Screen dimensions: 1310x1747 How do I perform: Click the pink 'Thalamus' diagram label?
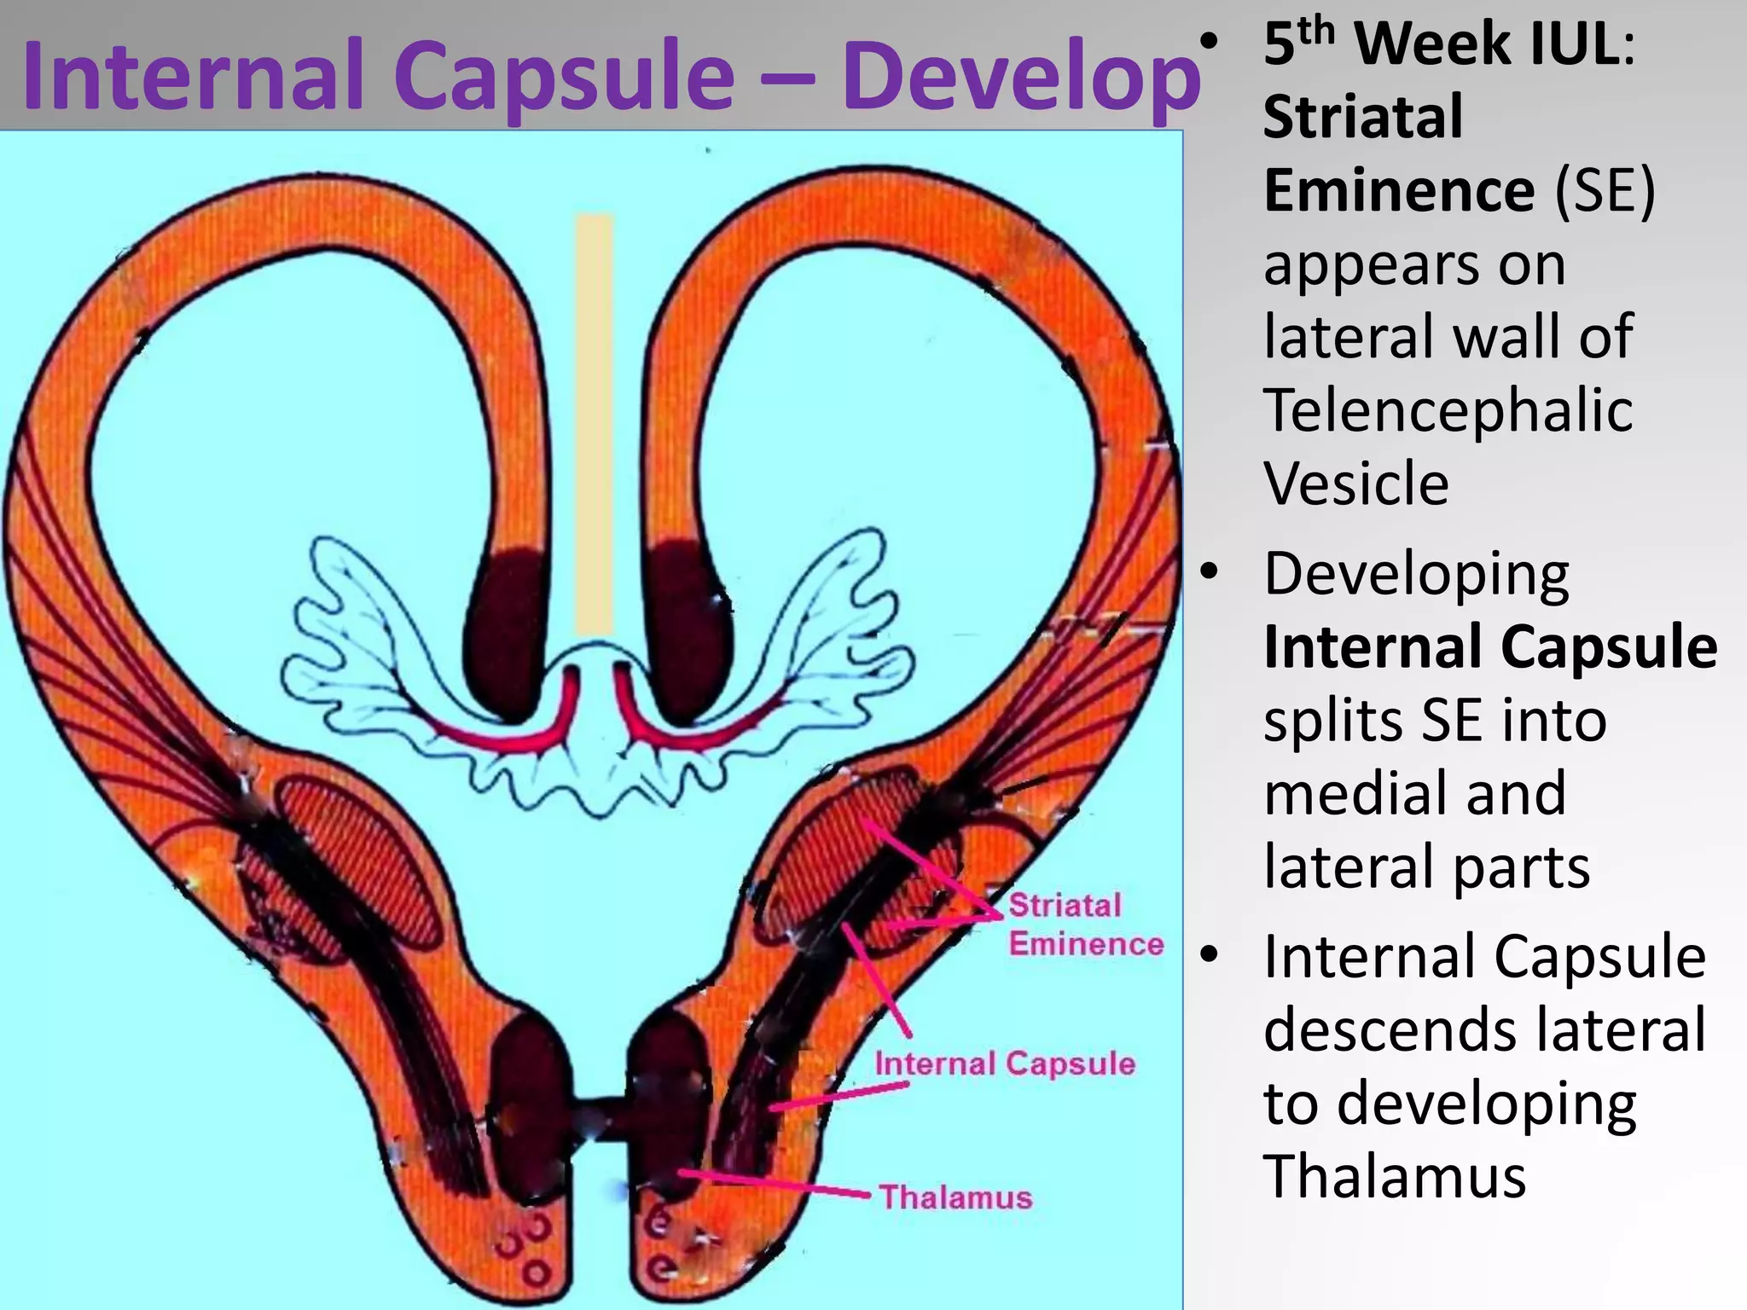click(x=955, y=1197)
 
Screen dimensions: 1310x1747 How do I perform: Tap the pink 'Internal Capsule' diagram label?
click(x=1005, y=1064)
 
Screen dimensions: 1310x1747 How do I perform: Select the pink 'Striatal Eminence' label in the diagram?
click(x=1086, y=925)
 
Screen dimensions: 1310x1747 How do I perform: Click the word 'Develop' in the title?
click(x=1021, y=77)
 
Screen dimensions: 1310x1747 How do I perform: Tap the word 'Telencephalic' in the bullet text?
click(x=1448, y=410)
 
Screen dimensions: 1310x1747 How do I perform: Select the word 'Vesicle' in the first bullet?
click(x=1355, y=484)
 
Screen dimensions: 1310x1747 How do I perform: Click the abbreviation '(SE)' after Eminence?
click(x=1605, y=190)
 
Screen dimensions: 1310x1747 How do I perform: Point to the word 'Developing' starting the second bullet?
click(x=1416, y=574)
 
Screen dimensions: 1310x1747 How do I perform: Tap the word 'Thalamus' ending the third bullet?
click(x=1395, y=1176)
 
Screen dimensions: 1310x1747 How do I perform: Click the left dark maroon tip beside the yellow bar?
click(x=504, y=631)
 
